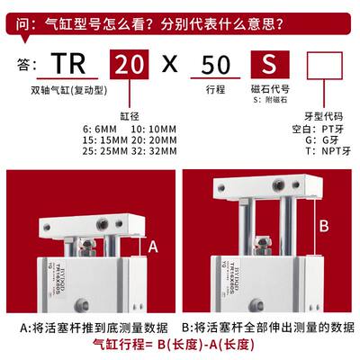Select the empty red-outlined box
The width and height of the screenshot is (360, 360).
[x=326, y=65]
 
